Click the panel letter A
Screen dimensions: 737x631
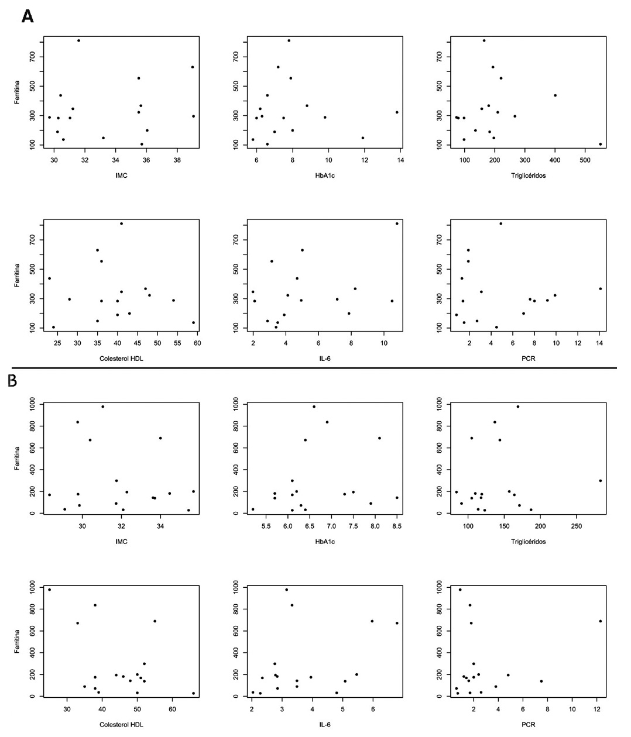(27, 17)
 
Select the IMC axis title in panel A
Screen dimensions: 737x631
(122, 175)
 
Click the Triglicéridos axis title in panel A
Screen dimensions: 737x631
(529, 175)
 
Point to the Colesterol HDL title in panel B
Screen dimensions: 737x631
(122, 724)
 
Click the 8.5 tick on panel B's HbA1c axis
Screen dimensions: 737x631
(396, 526)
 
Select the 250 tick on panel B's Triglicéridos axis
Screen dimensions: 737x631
(577, 526)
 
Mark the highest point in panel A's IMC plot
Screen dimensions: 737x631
(78, 40)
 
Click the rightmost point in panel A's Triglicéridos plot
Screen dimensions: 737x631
(601, 144)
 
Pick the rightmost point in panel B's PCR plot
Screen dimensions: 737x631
(601, 621)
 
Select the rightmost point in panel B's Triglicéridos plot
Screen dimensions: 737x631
(601, 481)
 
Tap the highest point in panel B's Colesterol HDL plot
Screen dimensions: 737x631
(49, 590)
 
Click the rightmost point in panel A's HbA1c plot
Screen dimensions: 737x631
(397, 112)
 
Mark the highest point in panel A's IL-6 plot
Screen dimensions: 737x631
(397, 223)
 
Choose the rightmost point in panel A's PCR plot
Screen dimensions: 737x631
(601, 288)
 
